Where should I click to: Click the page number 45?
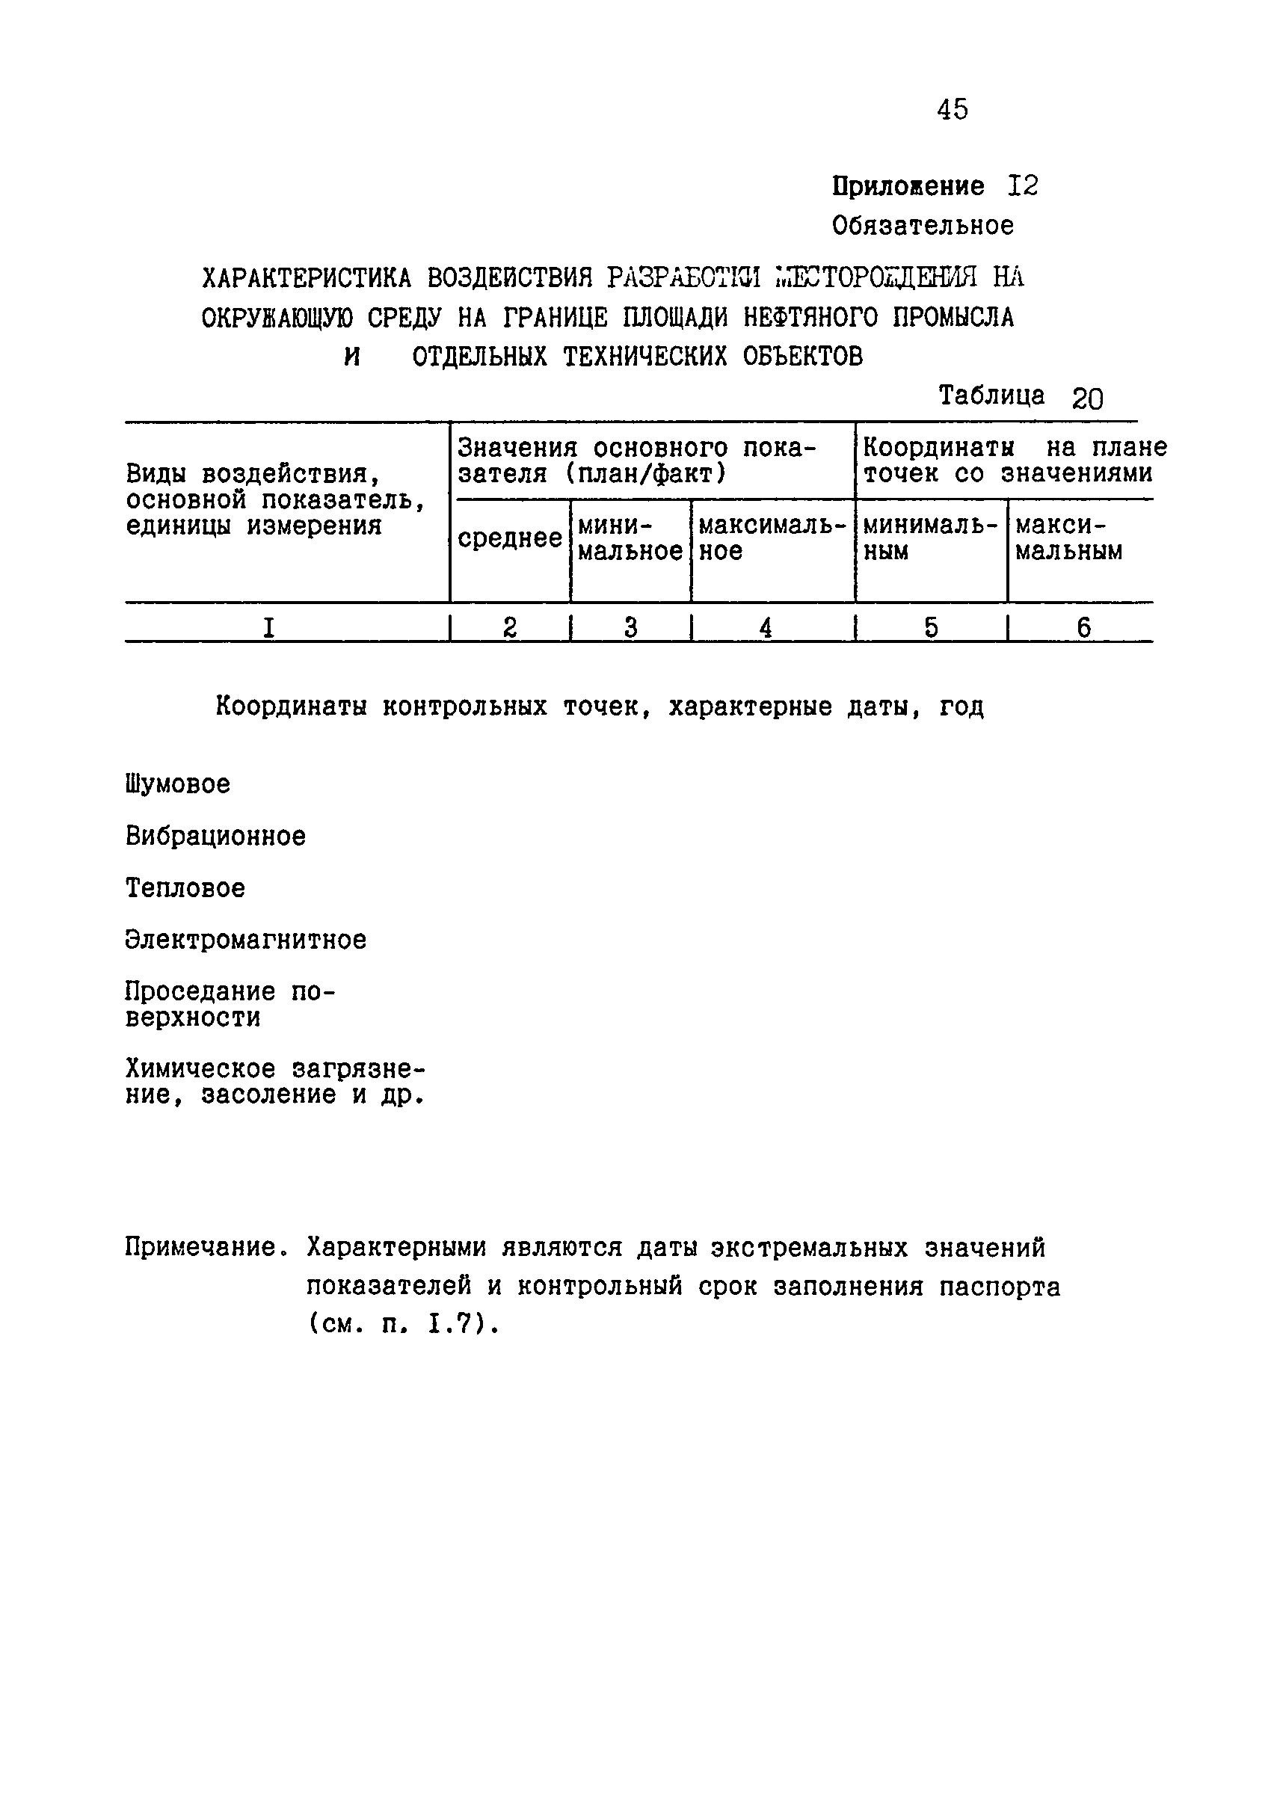point(952,109)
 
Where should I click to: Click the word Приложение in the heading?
point(908,186)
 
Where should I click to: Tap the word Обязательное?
point(923,227)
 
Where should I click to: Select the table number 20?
point(1087,399)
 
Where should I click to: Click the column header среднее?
point(510,538)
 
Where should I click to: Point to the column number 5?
point(931,627)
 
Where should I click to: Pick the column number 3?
point(630,627)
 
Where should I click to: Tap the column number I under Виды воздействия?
point(268,627)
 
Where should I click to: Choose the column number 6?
point(1084,627)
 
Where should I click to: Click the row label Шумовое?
point(177,784)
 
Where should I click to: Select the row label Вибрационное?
point(215,836)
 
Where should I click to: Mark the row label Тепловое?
point(185,888)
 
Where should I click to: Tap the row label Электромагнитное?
point(245,940)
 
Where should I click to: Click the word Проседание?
point(200,991)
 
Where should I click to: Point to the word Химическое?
point(200,1069)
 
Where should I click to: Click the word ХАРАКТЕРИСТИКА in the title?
point(307,278)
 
